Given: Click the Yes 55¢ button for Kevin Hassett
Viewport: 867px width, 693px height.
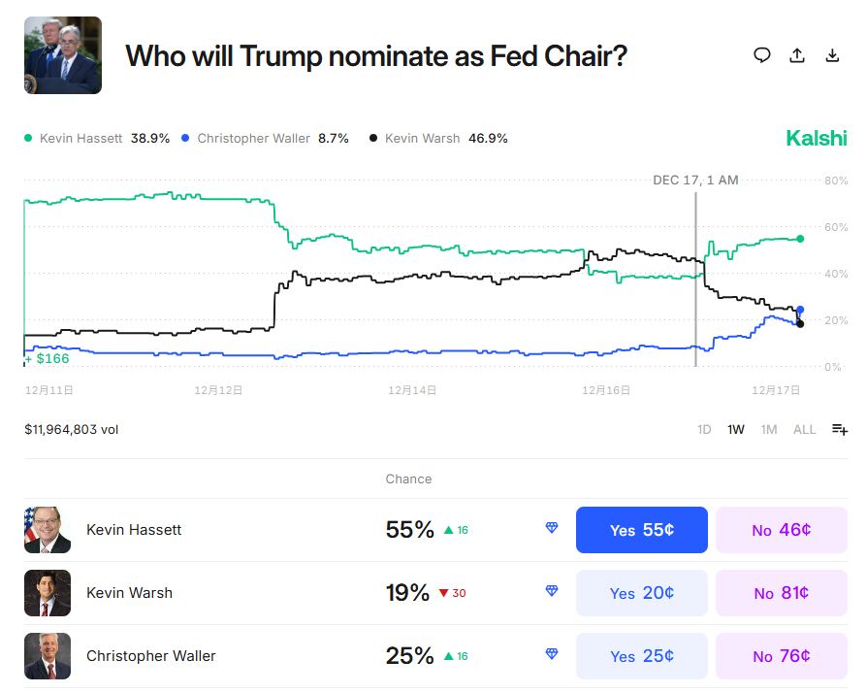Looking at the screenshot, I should pyautogui.click(x=641, y=530).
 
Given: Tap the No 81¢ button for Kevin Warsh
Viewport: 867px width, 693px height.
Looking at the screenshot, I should pyautogui.click(x=782, y=593).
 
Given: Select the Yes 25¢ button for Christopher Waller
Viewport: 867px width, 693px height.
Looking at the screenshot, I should pyautogui.click(x=641, y=656).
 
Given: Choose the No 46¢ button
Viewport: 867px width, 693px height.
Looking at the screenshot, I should pyautogui.click(x=782, y=530).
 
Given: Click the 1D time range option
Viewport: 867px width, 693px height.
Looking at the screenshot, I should pyautogui.click(x=704, y=429).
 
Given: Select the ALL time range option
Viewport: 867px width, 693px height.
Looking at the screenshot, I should pyautogui.click(x=804, y=429).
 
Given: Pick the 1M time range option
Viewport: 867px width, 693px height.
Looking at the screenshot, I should pyautogui.click(x=769, y=429).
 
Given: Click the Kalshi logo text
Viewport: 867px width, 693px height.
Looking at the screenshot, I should pyautogui.click(x=816, y=138).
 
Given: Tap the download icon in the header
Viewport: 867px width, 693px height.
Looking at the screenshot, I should pyautogui.click(x=832, y=55).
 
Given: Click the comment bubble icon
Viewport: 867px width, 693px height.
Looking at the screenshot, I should pyautogui.click(x=762, y=55).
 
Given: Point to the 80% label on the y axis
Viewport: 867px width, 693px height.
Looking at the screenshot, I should pyautogui.click(x=836, y=181).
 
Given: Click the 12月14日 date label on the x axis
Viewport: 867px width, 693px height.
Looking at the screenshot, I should pyautogui.click(x=412, y=390).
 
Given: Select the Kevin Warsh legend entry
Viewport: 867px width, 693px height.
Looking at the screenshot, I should pyautogui.click(x=438, y=139).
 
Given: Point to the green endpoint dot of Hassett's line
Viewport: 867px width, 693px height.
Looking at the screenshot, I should pyautogui.click(x=800, y=239).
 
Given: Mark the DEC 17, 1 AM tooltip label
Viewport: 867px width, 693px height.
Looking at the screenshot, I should pyautogui.click(x=695, y=181).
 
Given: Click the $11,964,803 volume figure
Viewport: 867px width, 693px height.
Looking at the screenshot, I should pyautogui.click(x=71, y=429).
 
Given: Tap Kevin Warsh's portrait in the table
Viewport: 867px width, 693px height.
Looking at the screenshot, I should pyautogui.click(x=48, y=593).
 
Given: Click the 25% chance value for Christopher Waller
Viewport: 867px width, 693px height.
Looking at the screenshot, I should pyautogui.click(x=409, y=656).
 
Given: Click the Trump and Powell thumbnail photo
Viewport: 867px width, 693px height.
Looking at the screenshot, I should pyautogui.click(x=63, y=55).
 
